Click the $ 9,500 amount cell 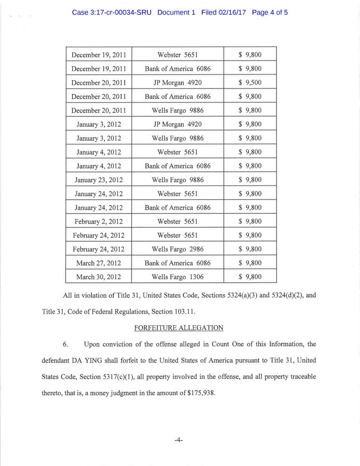click(x=250, y=82)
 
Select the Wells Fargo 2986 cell click(x=178, y=249)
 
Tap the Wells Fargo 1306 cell click(x=178, y=277)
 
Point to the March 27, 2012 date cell click(x=98, y=263)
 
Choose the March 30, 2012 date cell click(x=98, y=277)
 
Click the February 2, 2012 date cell click(x=98, y=221)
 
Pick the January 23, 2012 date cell click(x=98, y=179)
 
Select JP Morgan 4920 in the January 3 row click(x=178, y=124)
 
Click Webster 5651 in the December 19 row click(x=178, y=55)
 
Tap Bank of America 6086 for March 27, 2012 click(x=178, y=263)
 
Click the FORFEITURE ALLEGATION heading click(x=179, y=328)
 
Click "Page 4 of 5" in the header click(x=270, y=12)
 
